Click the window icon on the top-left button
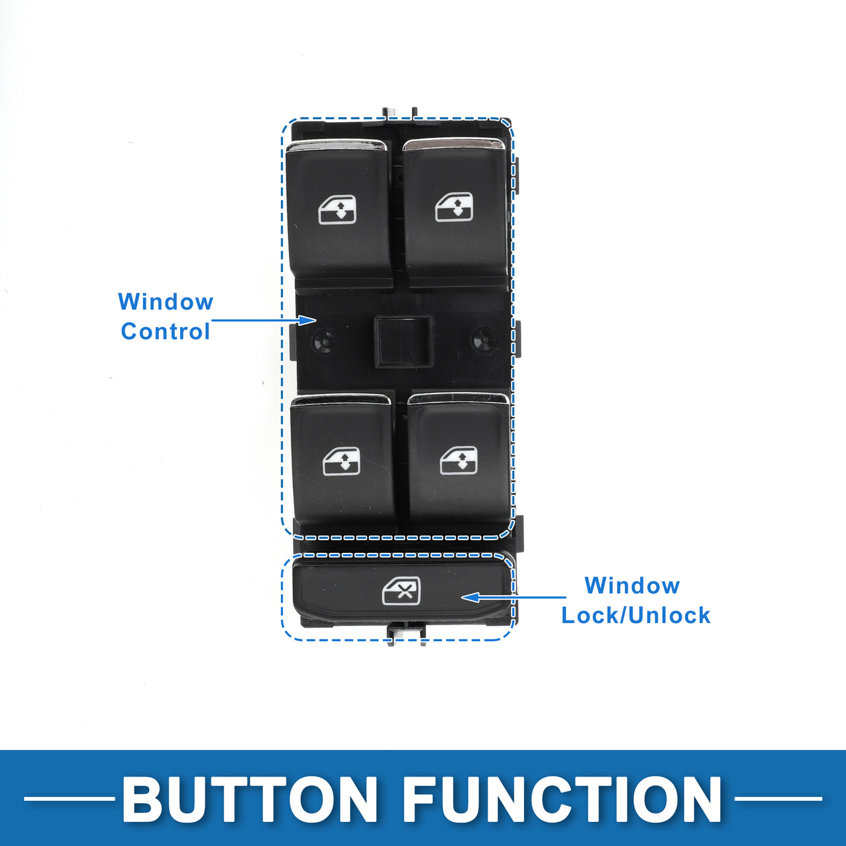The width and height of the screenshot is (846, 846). [337, 210]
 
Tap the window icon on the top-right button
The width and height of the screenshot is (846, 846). [454, 207]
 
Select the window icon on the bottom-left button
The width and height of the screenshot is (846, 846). [341, 462]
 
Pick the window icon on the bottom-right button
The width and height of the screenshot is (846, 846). [459, 460]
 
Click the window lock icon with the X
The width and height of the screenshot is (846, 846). [401, 591]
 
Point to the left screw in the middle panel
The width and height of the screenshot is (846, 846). [325, 342]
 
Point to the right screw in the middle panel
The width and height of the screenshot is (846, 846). [484, 340]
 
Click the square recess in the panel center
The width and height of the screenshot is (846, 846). [403, 341]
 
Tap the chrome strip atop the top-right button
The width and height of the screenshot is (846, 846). [453, 143]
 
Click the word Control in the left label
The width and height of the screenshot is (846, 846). [165, 332]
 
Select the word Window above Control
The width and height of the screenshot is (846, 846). [166, 302]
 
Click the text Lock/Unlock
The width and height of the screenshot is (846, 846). [636, 615]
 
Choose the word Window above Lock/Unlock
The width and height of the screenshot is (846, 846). [632, 586]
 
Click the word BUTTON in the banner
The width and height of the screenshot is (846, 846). [250, 799]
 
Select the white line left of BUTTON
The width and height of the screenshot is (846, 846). [69, 799]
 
